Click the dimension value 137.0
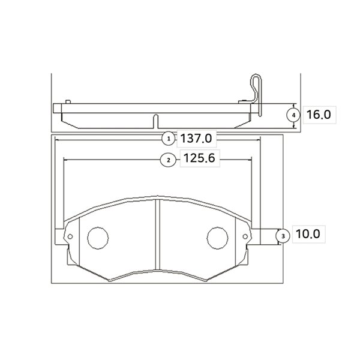[x=196, y=139]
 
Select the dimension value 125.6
[x=200, y=158]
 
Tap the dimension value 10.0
[x=308, y=234]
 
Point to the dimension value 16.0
[x=319, y=115]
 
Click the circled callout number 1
[x=169, y=139]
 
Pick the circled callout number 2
[x=169, y=160]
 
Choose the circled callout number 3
[x=283, y=236]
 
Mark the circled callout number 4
[x=293, y=115]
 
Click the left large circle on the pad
[x=98, y=238]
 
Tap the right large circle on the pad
[x=217, y=238]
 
